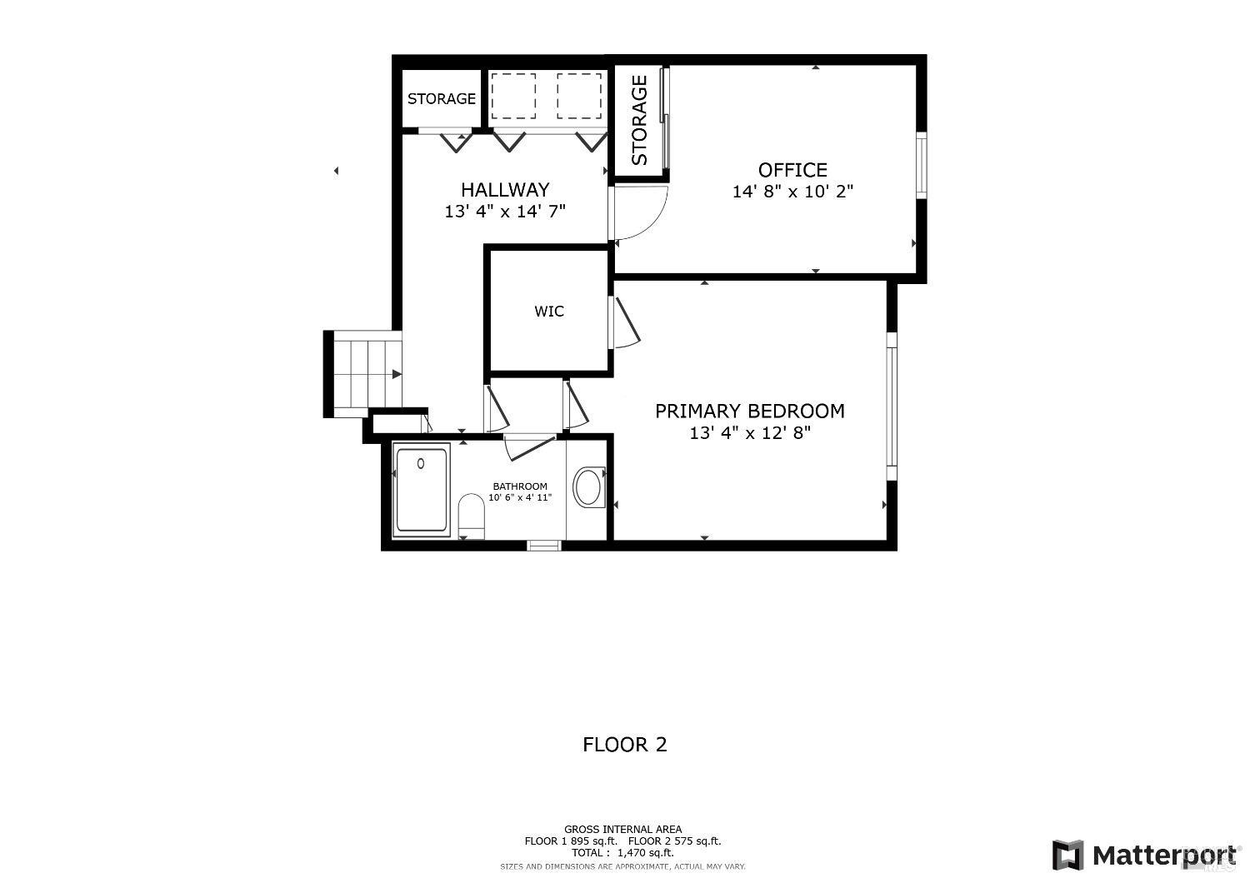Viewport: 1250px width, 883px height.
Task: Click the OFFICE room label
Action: click(x=792, y=170)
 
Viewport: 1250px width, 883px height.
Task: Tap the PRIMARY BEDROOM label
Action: click(x=749, y=411)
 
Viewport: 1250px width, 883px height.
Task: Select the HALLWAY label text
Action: click(x=505, y=190)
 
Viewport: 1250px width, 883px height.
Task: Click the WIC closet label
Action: click(x=549, y=312)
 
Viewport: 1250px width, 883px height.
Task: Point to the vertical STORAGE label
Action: click(x=639, y=120)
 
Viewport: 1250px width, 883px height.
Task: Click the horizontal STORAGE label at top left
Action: click(x=441, y=98)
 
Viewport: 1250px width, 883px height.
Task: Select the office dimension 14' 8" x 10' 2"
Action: click(x=792, y=192)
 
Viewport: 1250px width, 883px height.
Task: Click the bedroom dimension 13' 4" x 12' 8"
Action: click(x=749, y=433)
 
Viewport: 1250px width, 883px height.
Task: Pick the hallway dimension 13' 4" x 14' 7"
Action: click(x=505, y=212)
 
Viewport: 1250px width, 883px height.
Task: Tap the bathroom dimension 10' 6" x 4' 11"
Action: click(x=520, y=498)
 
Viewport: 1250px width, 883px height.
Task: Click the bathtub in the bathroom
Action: click(x=422, y=490)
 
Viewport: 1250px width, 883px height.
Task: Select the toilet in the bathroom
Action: click(x=472, y=516)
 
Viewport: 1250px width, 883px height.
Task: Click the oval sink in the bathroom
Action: click(x=589, y=487)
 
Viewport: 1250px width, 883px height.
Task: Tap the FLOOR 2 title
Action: click(x=625, y=744)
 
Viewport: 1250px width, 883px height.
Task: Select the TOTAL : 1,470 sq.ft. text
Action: click(x=622, y=852)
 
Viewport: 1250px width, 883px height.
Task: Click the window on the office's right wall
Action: click(x=922, y=165)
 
